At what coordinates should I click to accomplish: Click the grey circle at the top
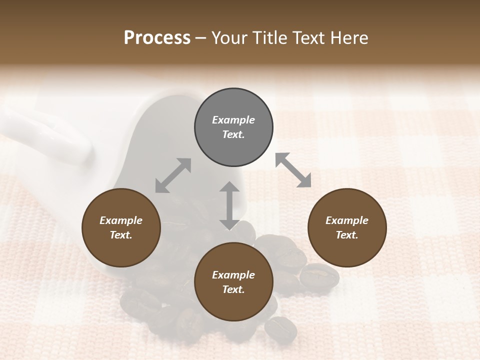[233, 127]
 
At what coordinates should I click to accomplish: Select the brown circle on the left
[121, 227]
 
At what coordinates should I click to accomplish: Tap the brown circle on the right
[347, 227]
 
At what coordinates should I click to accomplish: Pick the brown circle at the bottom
[233, 282]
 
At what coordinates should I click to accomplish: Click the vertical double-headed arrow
[229, 205]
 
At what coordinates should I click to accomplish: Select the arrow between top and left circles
[173, 175]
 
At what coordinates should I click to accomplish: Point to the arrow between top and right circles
[293, 170]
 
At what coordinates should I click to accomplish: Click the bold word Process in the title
[157, 38]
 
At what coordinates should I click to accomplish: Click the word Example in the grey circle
[233, 120]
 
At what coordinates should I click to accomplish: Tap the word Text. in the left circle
[121, 235]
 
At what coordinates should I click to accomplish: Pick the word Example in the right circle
[347, 220]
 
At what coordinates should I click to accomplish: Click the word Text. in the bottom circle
[233, 289]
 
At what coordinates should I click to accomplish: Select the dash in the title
[201, 38]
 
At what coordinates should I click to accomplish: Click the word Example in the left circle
[121, 220]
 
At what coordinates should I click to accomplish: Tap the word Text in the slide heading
[310, 38]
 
